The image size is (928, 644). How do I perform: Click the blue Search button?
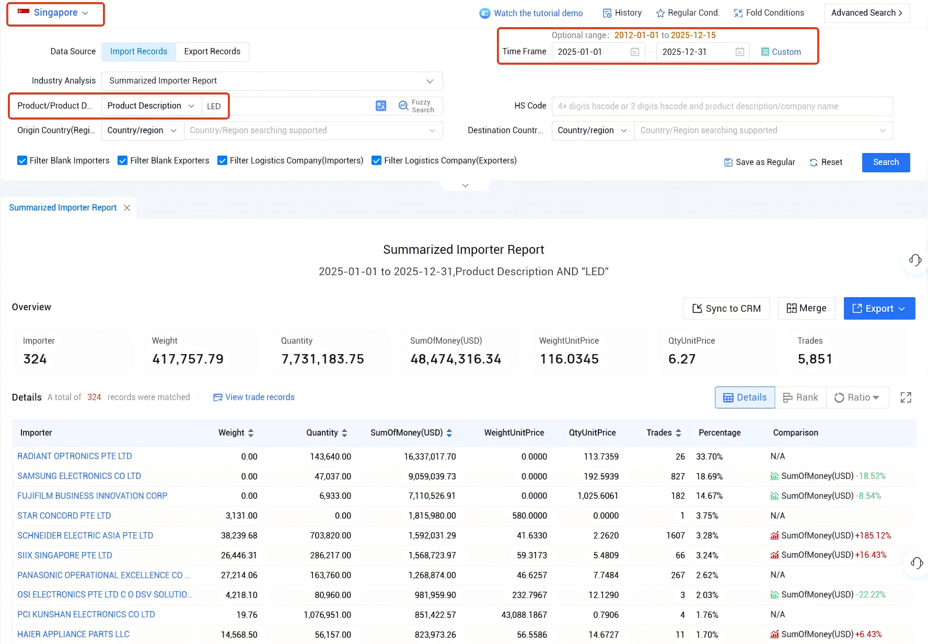click(x=886, y=162)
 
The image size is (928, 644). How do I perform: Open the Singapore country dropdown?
click(x=54, y=13)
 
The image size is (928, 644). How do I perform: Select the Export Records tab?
click(x=212, y=52)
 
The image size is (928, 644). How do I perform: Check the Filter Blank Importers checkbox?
click(x=22, y=161)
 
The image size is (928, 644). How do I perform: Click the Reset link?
click(x=826, y=162)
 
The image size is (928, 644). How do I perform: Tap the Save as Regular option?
click(x=760, y=162)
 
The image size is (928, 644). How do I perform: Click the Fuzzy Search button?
click(x=416, y=106)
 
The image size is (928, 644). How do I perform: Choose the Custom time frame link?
click(x=781, y=52)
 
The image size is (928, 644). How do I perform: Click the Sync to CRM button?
click(x=726, y=309)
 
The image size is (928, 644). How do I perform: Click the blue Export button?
click(x=879, y=309)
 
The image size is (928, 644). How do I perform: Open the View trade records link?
click(x=254, y=397)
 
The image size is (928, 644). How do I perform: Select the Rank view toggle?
click(x=801, y=398)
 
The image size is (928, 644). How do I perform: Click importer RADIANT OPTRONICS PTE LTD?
click(x=75, y=456)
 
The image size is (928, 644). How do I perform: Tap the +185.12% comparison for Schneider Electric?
click(x=873, y=536)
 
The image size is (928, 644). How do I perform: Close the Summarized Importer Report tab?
click(x=127, y=208)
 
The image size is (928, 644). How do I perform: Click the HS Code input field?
click(x=722, y=107)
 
